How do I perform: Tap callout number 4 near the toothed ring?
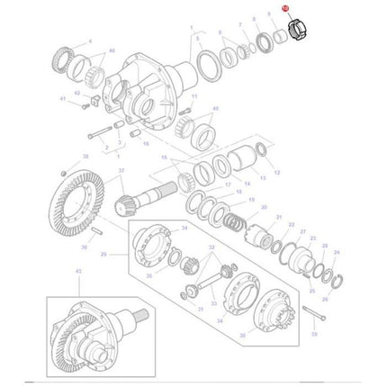(x=89, y=42)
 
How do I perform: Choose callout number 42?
(x=76, y=93)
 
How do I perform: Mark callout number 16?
(x=134, y=143)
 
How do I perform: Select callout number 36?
(x=83, y=245)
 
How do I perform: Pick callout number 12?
(x=277, y=172)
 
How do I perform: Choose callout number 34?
(x=184, y=229)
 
